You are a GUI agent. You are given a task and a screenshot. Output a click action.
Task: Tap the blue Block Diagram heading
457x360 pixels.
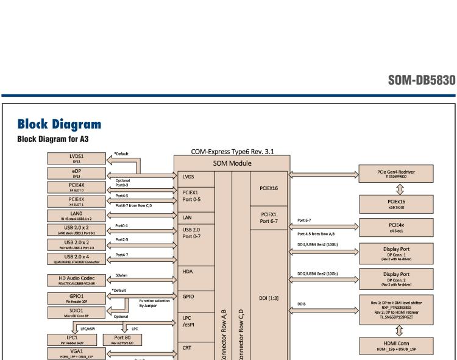59,125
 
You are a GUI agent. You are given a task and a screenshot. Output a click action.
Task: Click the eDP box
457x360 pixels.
77,174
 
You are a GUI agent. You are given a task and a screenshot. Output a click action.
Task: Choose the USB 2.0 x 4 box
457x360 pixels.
77,258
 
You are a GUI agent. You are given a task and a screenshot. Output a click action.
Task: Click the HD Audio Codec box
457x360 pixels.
77,280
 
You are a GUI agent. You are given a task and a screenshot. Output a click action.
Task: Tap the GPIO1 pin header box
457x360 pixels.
77,298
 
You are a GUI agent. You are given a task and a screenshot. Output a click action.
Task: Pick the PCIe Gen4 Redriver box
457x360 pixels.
396,174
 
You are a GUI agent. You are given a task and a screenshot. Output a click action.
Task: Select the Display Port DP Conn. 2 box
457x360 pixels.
396,277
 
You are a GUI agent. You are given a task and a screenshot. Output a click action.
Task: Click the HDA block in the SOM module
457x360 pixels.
187,272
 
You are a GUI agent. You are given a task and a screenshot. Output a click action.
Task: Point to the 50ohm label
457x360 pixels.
121,275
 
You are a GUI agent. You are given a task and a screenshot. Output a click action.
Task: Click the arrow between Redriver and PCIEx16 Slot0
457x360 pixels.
396,189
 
